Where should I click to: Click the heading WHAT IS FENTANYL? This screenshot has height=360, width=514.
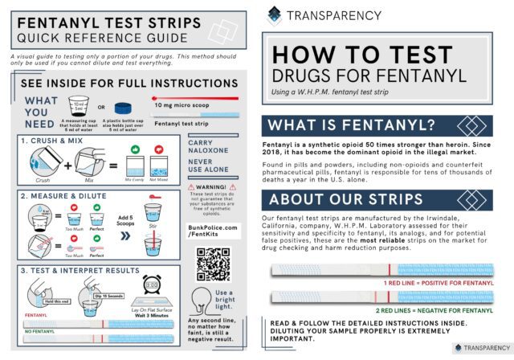[x=353, y=125]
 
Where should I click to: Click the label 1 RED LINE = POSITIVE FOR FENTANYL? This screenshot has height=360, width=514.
[x=439, y=284]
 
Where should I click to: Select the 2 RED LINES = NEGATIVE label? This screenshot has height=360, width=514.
[x=434, y=310]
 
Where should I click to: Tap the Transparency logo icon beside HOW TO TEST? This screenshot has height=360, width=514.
[x=275, y=14]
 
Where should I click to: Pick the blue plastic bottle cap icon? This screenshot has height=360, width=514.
[x=123, y=107]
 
